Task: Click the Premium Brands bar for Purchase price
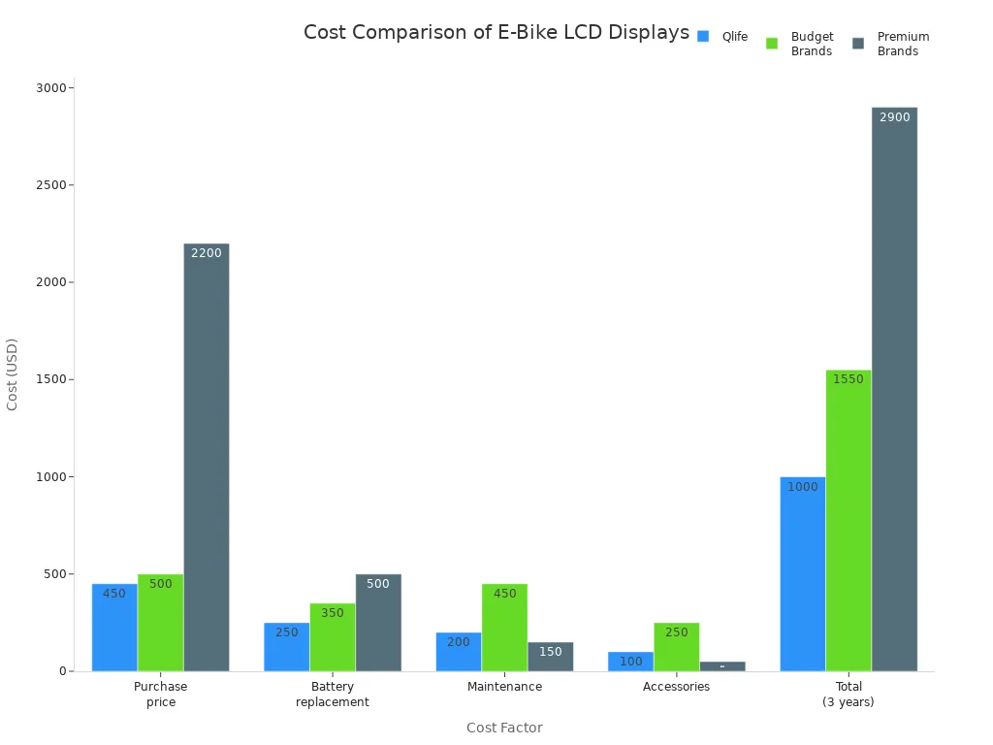pyautogui.click(x=207, y=456)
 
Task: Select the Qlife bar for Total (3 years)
pyautogui.click(x=802, y=573)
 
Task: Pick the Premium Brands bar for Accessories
pyautogui.click(x=722, y=666)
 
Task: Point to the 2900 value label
pyautogui.click(x=894, y=117)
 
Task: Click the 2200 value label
pyautogui.click(x=206, y=253)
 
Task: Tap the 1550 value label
pyautogui.click(x=848, y=379)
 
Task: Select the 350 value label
pyautogui.click(x=332, y=613)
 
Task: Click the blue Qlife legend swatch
pyautogui.click(x=703, y=37)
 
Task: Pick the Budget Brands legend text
pyautogui.click(x=812, y=44)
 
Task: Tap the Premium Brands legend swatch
pyautogui.click(x=858, y=44)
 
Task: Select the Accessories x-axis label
pyautogui.click(x=676, y=687)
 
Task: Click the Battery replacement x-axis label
pyautogui.click(x=333, y=694)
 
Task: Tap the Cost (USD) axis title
pyautogui.click(x=13, y=374)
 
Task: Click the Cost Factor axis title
pyautogui.click(x=504, y=728)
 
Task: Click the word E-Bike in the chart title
pyautogui.click(x=529, y=32)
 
